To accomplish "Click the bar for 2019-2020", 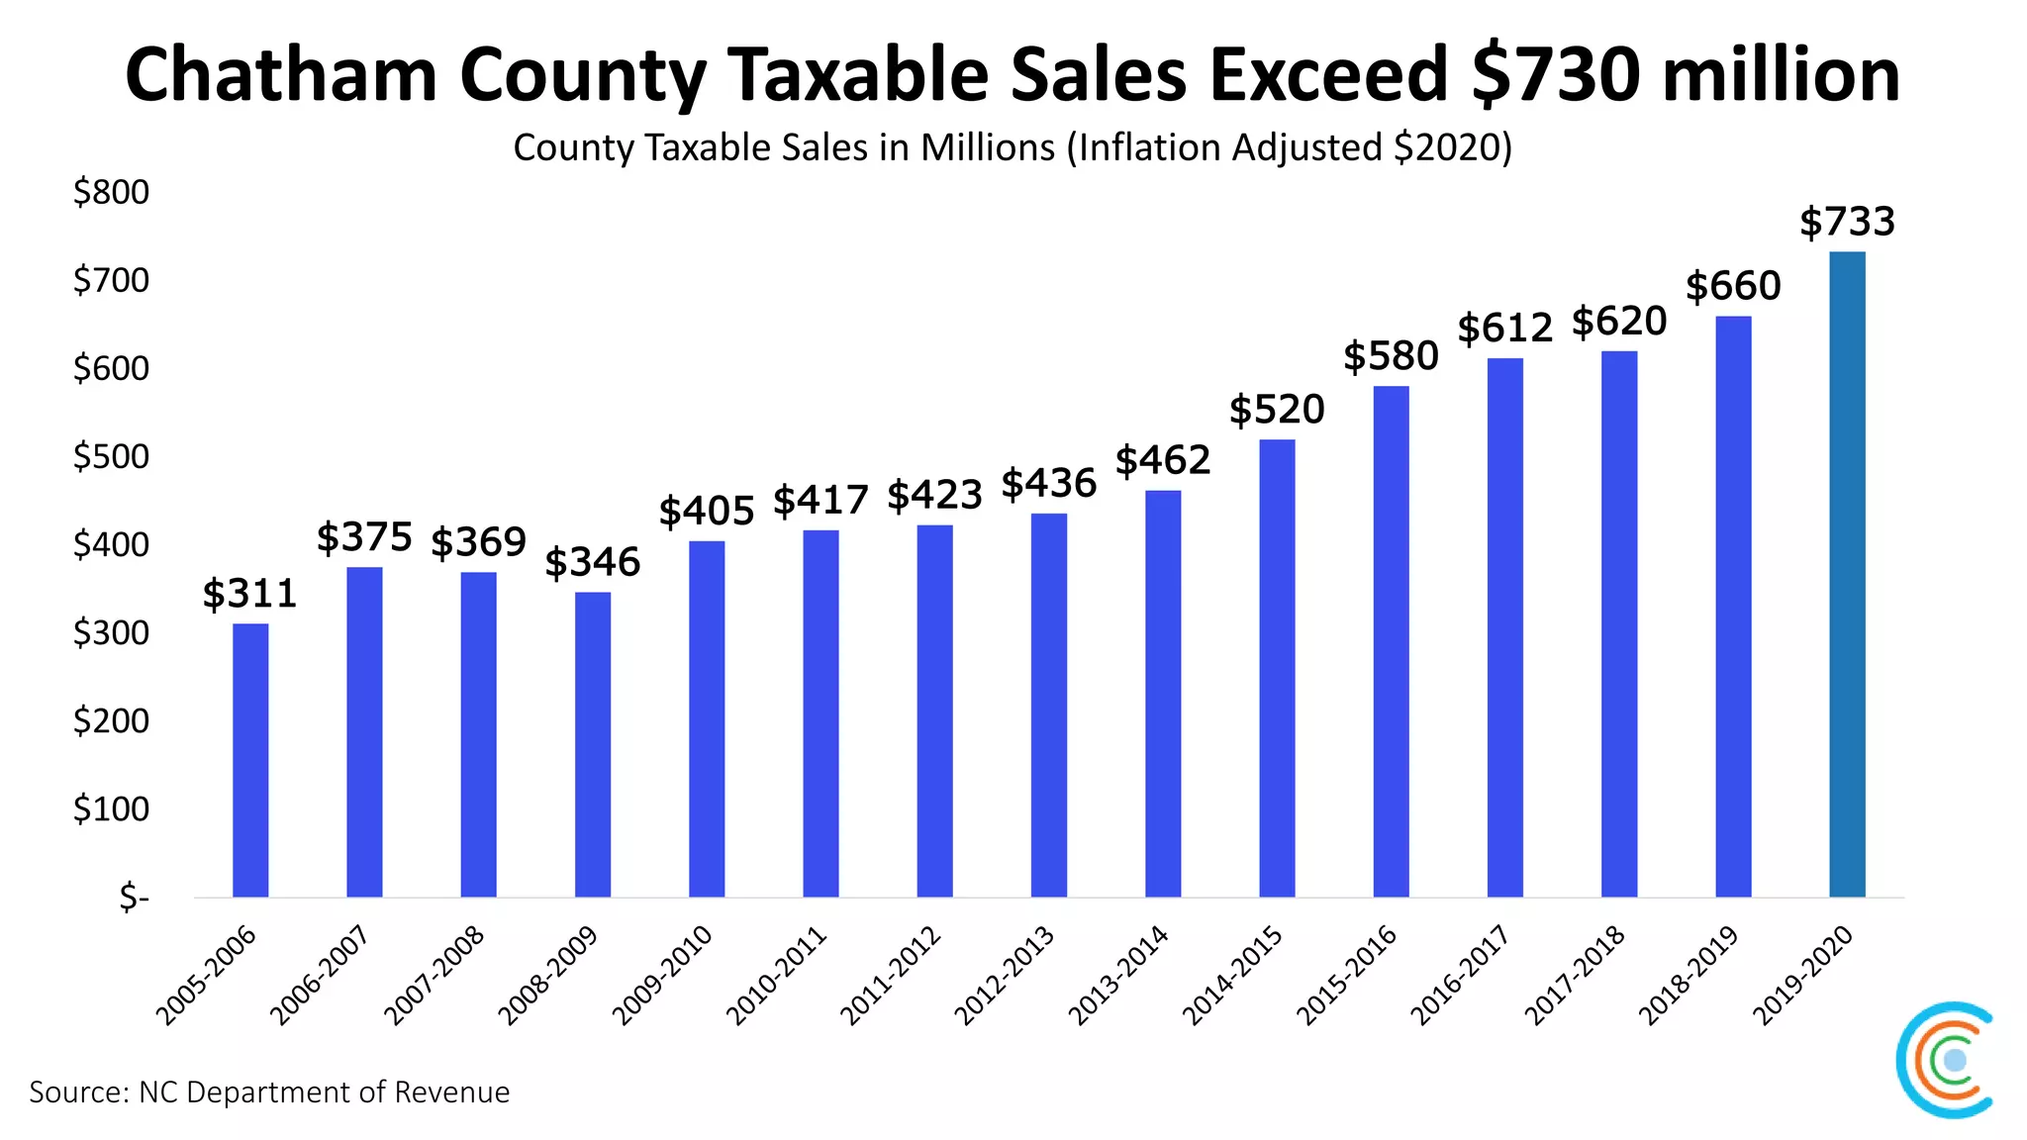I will click(x=1847, y=574).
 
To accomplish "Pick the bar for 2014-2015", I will click(x=1277, y=668).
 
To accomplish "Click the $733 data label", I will click(x=1847, y=222).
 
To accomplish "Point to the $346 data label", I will click(x=593, y=562).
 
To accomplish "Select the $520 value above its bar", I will click(x=1277, y=410).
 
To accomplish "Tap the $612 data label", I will click(x=1504, y=328).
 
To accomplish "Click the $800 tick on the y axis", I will click(x=111, y=192).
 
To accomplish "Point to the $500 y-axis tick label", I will click(x=111, y=456).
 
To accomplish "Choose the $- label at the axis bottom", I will click(x=134, y=898).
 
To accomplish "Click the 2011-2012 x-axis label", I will click(x=891, y=976).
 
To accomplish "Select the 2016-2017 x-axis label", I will click(x=1461, y=976).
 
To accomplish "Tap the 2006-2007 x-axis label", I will click(x=321, y=976).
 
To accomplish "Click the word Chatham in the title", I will click(x=281, y=75).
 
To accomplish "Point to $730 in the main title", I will click(x=1557, y=75).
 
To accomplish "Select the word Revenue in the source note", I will click(x=451, y=1092).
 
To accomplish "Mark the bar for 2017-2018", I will click(x=1619, y=623).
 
